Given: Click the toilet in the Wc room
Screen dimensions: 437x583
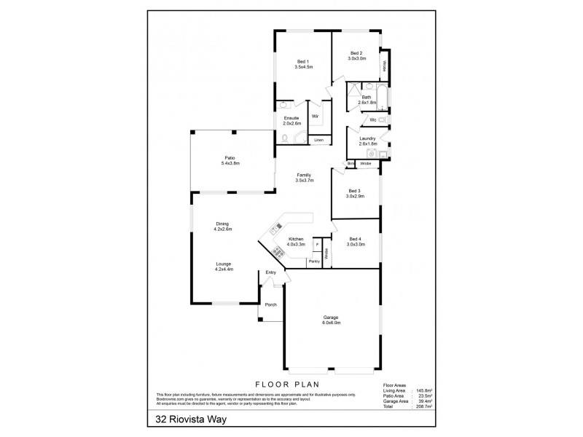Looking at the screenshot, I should point(382,119).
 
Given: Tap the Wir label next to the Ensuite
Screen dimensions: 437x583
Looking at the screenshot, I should point(315,115).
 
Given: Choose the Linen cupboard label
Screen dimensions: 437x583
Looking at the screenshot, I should point(318,139).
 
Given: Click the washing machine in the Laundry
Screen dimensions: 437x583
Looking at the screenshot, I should point(371,154).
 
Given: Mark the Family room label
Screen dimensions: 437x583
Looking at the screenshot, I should point(304,177).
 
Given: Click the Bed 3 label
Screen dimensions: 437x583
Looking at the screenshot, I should point(356,193).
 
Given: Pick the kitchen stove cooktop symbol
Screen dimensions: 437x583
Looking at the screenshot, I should point(278,253).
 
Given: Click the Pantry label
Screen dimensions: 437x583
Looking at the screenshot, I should point(314,260).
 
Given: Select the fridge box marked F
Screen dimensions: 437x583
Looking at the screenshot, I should point(317,243).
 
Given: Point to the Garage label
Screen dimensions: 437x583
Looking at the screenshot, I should point(332,319).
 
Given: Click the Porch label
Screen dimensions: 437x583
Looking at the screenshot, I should point(270,304).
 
